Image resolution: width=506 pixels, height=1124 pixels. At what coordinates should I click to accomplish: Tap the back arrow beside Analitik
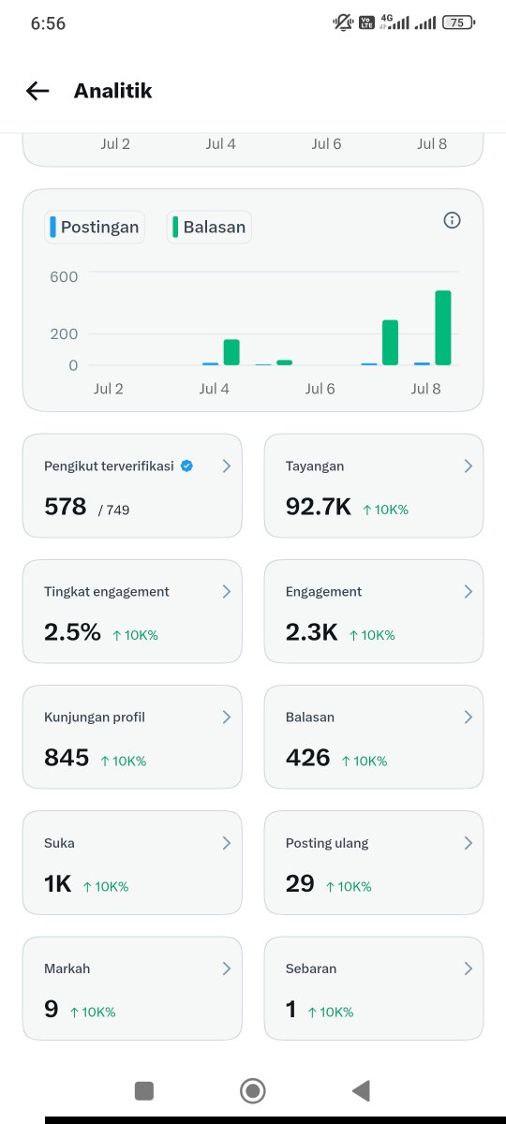coord(37,91)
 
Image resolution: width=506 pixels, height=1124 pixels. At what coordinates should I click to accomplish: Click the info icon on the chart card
coord(452,220)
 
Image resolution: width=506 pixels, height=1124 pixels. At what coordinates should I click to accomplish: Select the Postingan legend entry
coord(95,227)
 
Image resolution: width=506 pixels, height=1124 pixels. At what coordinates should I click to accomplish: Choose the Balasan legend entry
coord(209,227)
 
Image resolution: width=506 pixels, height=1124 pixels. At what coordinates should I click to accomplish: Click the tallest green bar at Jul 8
coord(442,328)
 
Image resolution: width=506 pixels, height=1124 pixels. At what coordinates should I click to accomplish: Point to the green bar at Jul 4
coord(231,352)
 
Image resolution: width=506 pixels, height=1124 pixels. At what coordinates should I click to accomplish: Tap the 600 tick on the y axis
coord(64,276)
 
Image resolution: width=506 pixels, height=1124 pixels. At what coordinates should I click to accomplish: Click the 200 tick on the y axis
coord(64,333)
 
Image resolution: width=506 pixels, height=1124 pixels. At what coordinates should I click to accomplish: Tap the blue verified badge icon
coord(186,466)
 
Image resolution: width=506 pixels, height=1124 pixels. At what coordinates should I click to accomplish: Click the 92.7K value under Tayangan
coord(319,507)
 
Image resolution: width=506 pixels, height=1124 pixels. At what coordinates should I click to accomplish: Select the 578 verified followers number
coord(66,507)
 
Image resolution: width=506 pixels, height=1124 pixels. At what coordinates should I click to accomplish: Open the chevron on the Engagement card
coord(468,592)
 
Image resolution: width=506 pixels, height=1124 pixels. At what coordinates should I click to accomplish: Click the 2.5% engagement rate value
coord(72,631)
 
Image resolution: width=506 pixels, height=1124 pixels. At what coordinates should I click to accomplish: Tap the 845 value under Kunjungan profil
coord(67,758)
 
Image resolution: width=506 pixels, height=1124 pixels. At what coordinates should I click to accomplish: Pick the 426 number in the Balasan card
coord(307,758)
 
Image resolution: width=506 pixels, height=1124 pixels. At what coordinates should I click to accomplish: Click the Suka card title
coord(59,843)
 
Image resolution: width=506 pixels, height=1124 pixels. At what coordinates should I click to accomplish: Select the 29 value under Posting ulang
coord(300,883)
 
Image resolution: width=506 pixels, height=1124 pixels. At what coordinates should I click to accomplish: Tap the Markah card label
coord(67,969)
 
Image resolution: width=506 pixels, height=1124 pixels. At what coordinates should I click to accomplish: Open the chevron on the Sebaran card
coord(468,969)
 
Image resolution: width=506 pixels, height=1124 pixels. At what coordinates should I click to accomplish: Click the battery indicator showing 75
coord(458,22)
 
